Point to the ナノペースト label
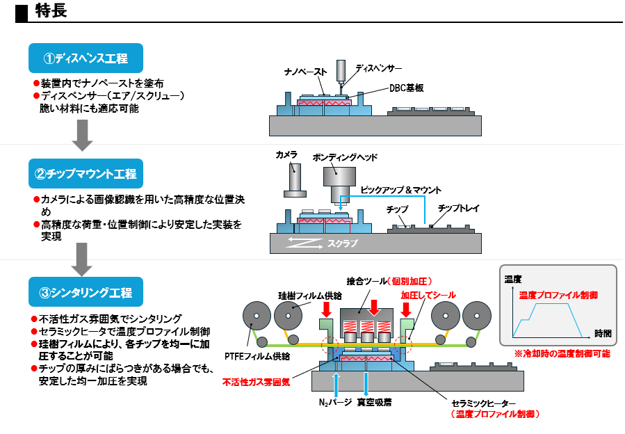tap(305, 72)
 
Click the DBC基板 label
tap(407, 88)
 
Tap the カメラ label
tap(286, 154)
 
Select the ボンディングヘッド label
tap(345, 158)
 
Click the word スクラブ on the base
tap(342, 244)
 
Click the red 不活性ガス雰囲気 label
tap(257, 382)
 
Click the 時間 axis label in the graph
tap(603, 333)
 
